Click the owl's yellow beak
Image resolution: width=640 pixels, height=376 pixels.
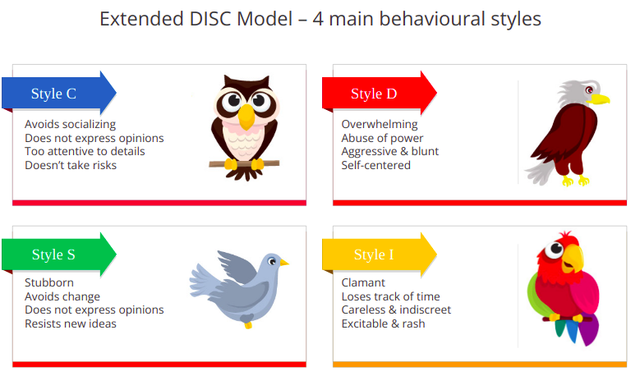(246, 117)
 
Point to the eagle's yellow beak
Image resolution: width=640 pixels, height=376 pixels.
(599, 99)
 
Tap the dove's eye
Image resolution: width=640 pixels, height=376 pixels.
(272, 261)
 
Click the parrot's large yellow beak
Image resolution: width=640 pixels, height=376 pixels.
(573, 258)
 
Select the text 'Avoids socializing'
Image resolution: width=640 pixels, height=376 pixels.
(70, 124)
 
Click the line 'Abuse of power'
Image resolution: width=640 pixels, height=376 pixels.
(382, 138)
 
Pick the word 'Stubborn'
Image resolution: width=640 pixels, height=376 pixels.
(49, 282)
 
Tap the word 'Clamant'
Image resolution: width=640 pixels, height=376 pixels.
(363, 282)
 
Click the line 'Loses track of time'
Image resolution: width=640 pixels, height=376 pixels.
(390, 296)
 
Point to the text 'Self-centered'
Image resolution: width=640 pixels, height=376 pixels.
(376, 165)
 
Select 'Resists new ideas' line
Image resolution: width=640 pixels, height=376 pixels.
(71, 323)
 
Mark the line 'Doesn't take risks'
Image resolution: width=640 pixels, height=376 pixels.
(71, 165)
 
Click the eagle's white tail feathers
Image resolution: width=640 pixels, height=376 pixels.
(540, 173)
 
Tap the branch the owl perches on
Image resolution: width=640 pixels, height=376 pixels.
(244, 164)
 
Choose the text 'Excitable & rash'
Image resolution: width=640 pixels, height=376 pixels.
(384, 323)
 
